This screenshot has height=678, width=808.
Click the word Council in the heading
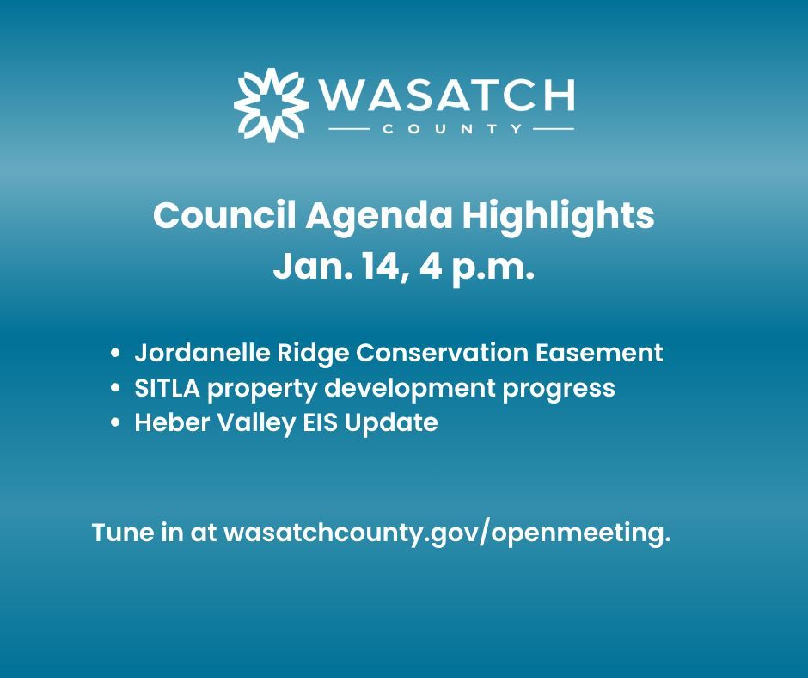(220, 215)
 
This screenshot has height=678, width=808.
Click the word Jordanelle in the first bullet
(196, 353)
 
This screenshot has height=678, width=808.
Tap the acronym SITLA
(164, 388)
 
